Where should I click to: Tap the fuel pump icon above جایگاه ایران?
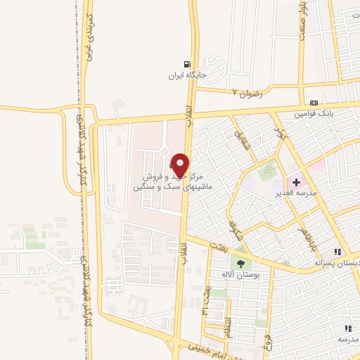[x=186, y=63]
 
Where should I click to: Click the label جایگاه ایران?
[x=186, y=75]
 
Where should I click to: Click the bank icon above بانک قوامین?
[x=312, y=102]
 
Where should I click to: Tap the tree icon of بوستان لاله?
[x=242, y=264]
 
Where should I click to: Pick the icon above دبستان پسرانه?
[x=337, y=252]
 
